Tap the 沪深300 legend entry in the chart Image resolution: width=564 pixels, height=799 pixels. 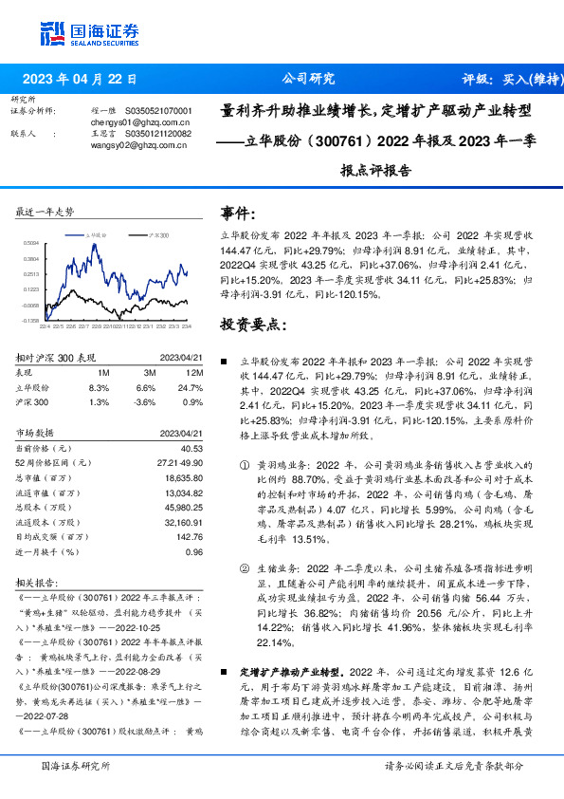click(x=156, y=233)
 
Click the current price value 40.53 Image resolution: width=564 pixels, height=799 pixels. click(x=191, y=448)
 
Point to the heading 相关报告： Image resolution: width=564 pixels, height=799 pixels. click(x=40, y=582)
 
